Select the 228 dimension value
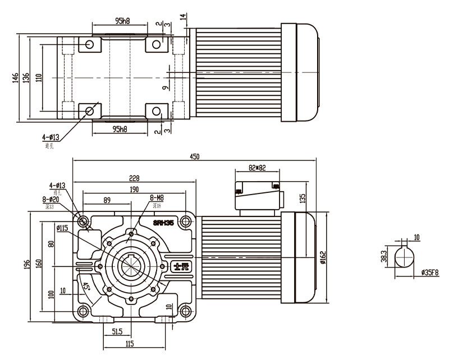135,178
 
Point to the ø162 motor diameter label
323,256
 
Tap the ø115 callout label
62,228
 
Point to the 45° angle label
86,285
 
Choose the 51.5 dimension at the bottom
117,331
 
